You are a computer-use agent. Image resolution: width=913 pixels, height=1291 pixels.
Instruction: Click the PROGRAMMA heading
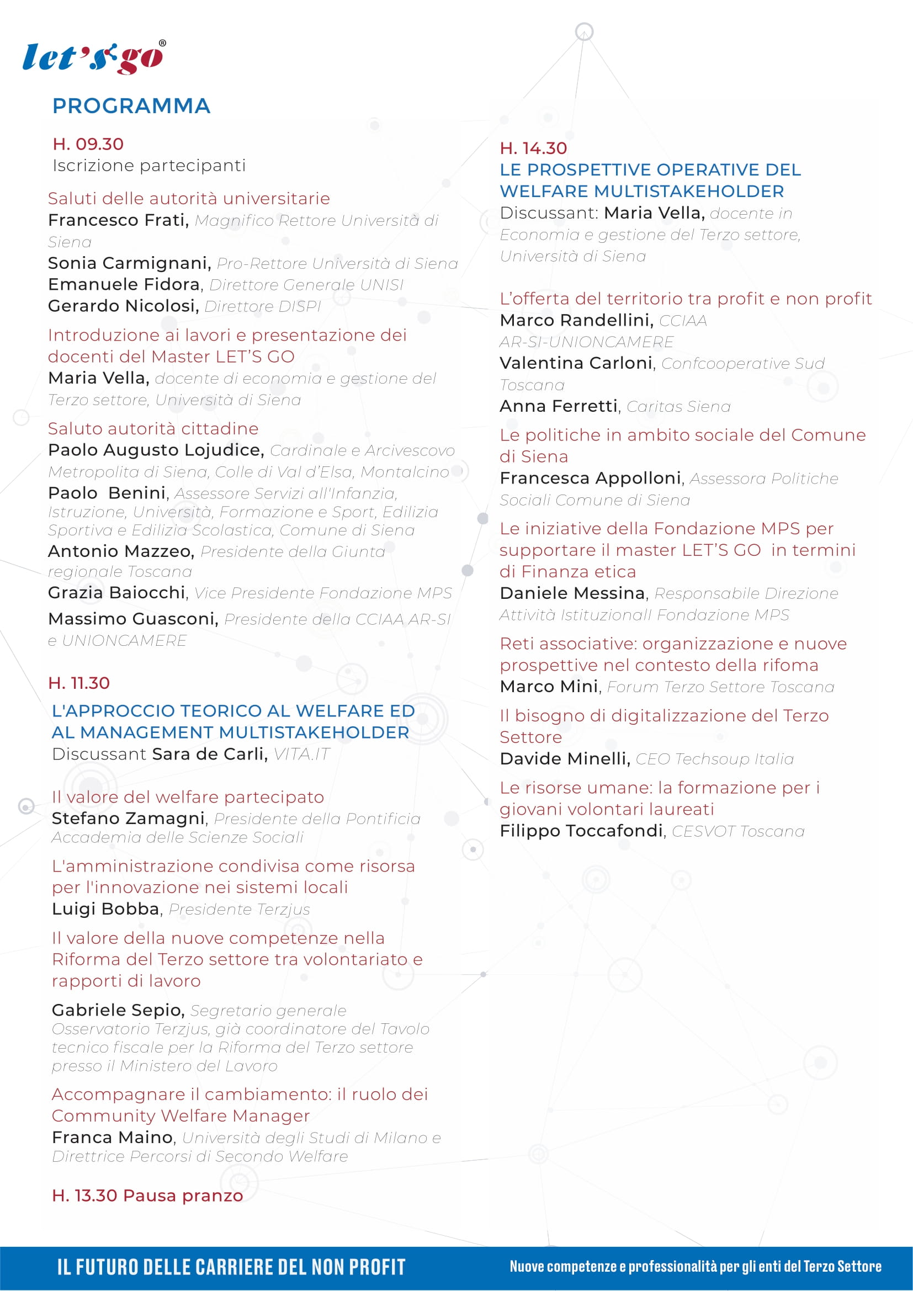pyautogui.click(x=131, y=106)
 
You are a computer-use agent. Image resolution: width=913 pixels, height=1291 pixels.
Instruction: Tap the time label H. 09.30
pyautogui.click(x=88, y=144)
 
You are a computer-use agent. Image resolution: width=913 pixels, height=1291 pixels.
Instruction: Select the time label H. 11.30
pyautogui.click(x=79, y=683)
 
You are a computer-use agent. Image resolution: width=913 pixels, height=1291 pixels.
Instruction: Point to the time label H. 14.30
pyautogui.click(x=533, y=148)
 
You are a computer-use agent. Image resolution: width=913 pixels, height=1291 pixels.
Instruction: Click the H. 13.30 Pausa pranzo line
pyautogui.click(x=147, y=1195)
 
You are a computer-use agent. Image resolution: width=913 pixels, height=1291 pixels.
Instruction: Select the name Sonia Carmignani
pyautogui.click(x=129, y=263)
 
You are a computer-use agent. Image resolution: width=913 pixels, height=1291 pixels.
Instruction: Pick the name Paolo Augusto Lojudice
pyautogui.click(x=155, y=450)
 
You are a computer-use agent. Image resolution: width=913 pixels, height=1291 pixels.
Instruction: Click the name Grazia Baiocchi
pyautogui.click(x=117, y=593)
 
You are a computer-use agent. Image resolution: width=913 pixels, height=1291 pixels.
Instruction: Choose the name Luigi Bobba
pyautogui.click(x=105, y=909)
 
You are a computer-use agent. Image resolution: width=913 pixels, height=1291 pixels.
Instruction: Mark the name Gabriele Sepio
pyautogui.click(x=118, y=1010)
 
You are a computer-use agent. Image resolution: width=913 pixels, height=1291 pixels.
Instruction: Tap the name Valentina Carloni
pyautogui.click(x=576, y=363)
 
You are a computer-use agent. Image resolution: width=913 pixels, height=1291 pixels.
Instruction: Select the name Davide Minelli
pyautogui.click(x=564, y=758)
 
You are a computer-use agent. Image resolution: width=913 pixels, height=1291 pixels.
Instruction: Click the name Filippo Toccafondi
pyautogui.click(x=581, y=831)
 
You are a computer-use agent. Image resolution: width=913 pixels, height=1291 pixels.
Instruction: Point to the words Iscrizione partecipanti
pyautogui.click(x=149, y=166)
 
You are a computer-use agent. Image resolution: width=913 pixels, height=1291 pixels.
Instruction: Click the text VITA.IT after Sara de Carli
pyautogui.click(x=301, y=753)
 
